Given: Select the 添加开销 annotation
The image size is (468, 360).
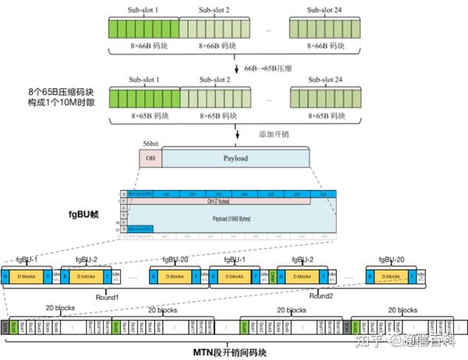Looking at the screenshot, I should coord(274,134).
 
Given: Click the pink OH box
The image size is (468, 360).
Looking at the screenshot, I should coord(150,159).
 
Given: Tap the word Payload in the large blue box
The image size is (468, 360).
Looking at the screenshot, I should coord(234,159).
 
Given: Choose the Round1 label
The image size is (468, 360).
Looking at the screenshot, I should coord(107,296).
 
